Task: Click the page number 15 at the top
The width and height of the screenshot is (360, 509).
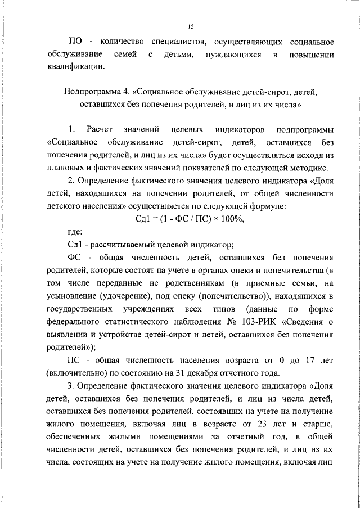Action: [x=191, y=26]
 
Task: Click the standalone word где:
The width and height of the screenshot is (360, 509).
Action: [x=74, y=232]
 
